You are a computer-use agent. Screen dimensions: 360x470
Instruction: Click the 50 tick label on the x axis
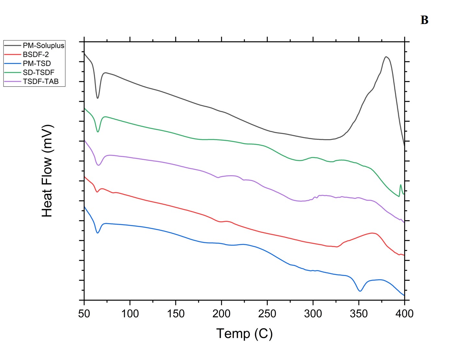coord(84,314)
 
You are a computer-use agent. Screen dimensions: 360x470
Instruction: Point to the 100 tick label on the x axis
coord(130,314)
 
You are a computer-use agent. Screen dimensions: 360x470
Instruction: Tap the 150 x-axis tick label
coord(176,314)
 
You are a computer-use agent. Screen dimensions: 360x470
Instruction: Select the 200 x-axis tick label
coord(221,314)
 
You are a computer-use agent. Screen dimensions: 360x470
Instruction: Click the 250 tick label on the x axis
coord(267,314)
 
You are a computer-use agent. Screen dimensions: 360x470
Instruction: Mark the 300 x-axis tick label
coord(313,314)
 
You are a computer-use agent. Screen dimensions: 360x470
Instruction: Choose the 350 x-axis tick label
coord(359,314)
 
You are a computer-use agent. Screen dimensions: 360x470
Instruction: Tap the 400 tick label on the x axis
coord(405,314)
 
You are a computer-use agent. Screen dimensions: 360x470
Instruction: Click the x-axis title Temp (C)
coord(244,333)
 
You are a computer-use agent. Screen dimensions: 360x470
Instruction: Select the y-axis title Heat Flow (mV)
coord(47,171)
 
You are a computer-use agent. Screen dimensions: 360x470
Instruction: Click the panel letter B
coord(424,20)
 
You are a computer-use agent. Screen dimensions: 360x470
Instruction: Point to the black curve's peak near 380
coord(386,57)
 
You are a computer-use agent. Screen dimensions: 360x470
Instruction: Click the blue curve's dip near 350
coord(360,291)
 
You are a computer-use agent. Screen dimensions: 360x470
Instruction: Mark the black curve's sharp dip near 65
coord(98,98)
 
